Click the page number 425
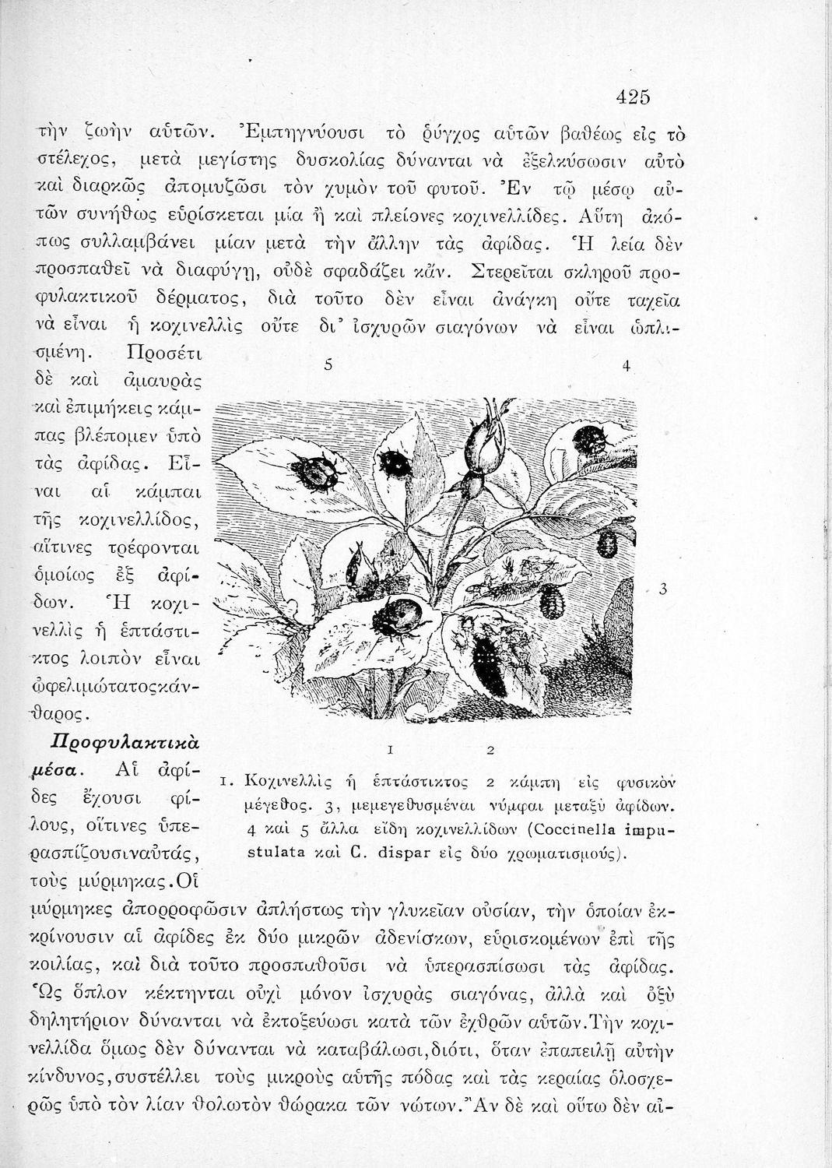coord(632,97)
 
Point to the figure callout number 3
coord(662,589)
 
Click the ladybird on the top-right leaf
coord(590,439)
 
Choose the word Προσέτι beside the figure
coord(163,355)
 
